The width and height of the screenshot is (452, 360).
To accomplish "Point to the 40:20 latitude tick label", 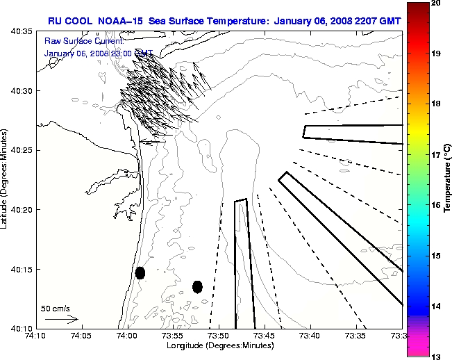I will pyautogui.click(x=21, y=210).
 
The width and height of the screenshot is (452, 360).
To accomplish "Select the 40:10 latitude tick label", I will pyautogui.click(x=21, y=328).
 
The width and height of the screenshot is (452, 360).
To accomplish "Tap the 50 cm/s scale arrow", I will pyautogui.click(x=61, y=320).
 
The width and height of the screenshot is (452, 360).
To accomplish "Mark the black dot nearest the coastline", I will pyautogui.click(x=140, y=272).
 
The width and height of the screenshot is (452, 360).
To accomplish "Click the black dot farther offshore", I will pyautogui.click(x=197, y=286).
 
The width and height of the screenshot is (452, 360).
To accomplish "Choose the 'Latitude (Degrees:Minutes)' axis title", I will pyautogui.click(x=6, y=179).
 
